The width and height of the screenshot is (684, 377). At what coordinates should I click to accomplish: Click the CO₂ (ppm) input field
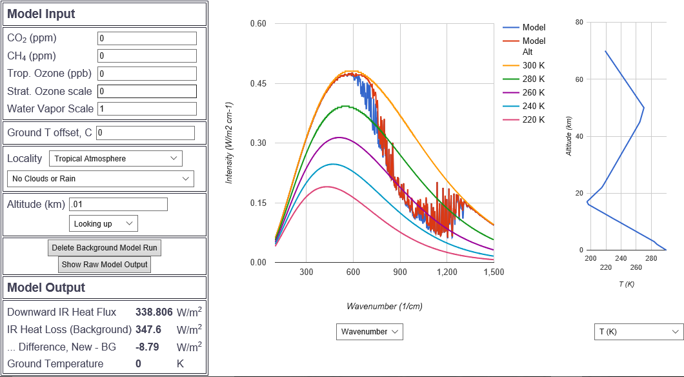pos(146,38)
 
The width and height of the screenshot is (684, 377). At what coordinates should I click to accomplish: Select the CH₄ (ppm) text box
pos(146,56)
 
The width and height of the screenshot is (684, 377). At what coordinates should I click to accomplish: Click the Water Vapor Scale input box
pos(146,108)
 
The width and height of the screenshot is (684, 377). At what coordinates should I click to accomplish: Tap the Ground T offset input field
pos(145,133)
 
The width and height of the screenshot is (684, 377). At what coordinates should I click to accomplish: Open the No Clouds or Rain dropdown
pos(100,179)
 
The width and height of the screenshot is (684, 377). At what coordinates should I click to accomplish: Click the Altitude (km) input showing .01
pos(118,205)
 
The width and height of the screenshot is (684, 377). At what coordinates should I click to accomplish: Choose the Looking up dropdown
pos(103,223)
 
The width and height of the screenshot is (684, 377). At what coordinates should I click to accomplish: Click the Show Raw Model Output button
pos(105,265)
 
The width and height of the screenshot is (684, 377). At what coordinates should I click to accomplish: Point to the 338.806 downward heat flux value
pos(154,312)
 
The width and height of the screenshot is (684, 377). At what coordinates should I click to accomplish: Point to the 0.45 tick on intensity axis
pos(258,84)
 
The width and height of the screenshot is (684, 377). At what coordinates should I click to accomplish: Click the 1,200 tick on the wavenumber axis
pos(447,272)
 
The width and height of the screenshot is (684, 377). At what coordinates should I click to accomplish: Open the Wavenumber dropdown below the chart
pos(370,332)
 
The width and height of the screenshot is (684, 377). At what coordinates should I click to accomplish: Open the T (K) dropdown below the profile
pos(638,332)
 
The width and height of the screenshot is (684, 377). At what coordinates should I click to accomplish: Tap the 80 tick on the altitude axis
pos(579,23)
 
